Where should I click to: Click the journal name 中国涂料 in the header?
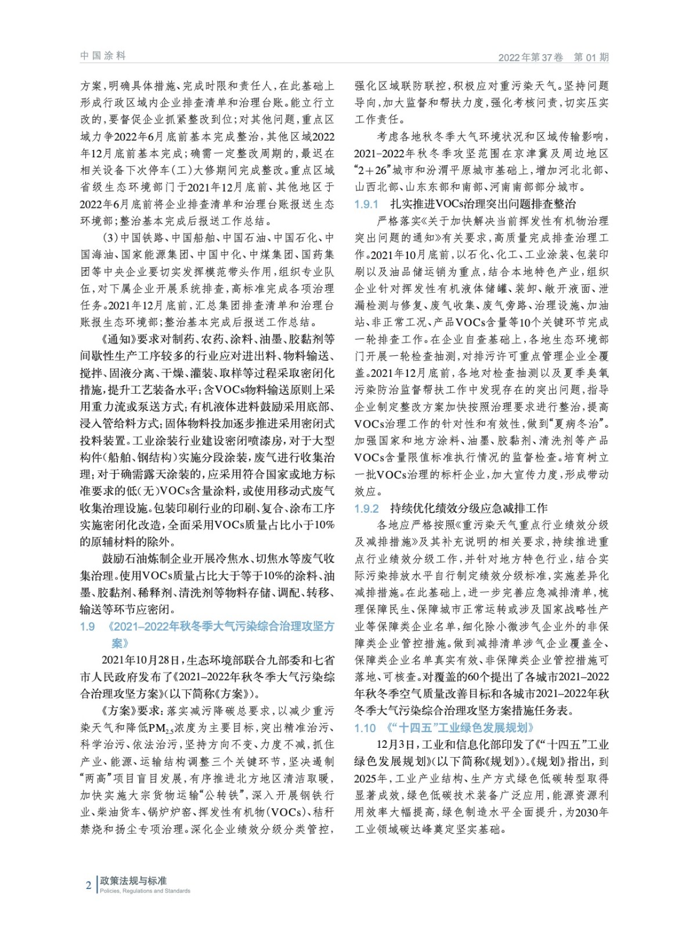103,56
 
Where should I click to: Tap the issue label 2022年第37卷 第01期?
553,57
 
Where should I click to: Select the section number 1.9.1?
366,204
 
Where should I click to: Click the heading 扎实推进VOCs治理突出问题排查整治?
483,204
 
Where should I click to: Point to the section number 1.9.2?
366,509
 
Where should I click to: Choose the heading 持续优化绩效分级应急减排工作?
468,509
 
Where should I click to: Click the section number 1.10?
365,728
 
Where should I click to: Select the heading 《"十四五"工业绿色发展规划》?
459,728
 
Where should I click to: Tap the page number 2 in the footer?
88,885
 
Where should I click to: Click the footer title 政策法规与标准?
133,881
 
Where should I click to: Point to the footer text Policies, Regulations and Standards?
145,891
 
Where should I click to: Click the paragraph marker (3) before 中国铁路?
110,238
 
